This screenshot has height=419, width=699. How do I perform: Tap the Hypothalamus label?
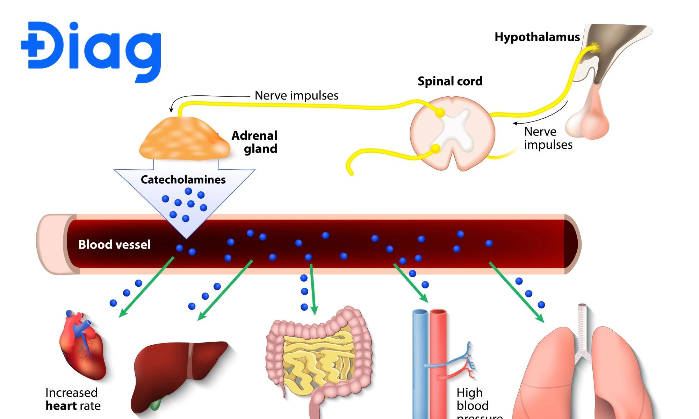point(537,37)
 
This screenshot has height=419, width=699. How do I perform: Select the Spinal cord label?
point(450,81)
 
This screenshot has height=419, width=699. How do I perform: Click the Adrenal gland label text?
point(255,142)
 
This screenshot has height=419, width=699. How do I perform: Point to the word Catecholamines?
point(183,179)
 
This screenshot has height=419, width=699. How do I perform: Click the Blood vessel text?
point(114,244)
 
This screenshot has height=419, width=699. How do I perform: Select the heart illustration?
point(82,346)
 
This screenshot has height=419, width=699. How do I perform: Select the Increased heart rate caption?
point(73,399)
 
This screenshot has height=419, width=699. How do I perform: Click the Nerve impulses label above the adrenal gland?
point(296,95)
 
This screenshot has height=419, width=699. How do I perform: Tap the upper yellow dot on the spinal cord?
point(440,113)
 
